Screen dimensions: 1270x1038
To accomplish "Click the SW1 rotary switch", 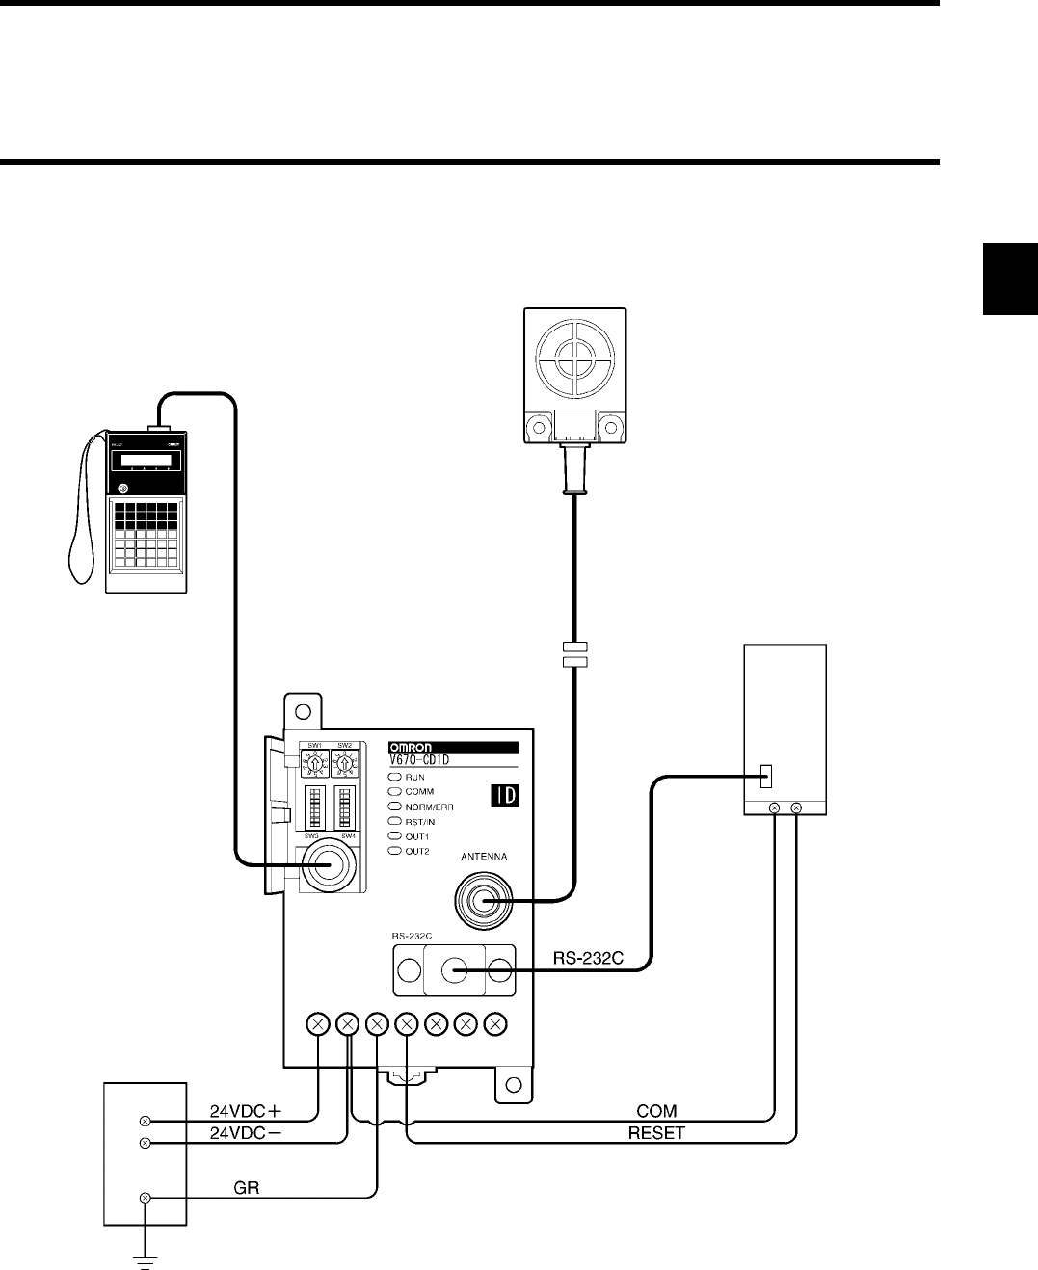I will (314, 765).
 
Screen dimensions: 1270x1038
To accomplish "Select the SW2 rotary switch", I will (346, 765).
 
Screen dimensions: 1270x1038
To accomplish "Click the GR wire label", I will (248, 1188).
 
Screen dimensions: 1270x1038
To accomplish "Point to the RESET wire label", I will (655, 1133).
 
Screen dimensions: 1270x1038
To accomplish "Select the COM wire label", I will (657, 1111).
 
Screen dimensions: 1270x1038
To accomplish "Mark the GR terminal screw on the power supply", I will (146, 1197).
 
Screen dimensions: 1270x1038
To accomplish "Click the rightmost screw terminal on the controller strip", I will (495, 1023).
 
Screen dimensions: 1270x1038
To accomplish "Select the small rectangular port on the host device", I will (767, 775).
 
